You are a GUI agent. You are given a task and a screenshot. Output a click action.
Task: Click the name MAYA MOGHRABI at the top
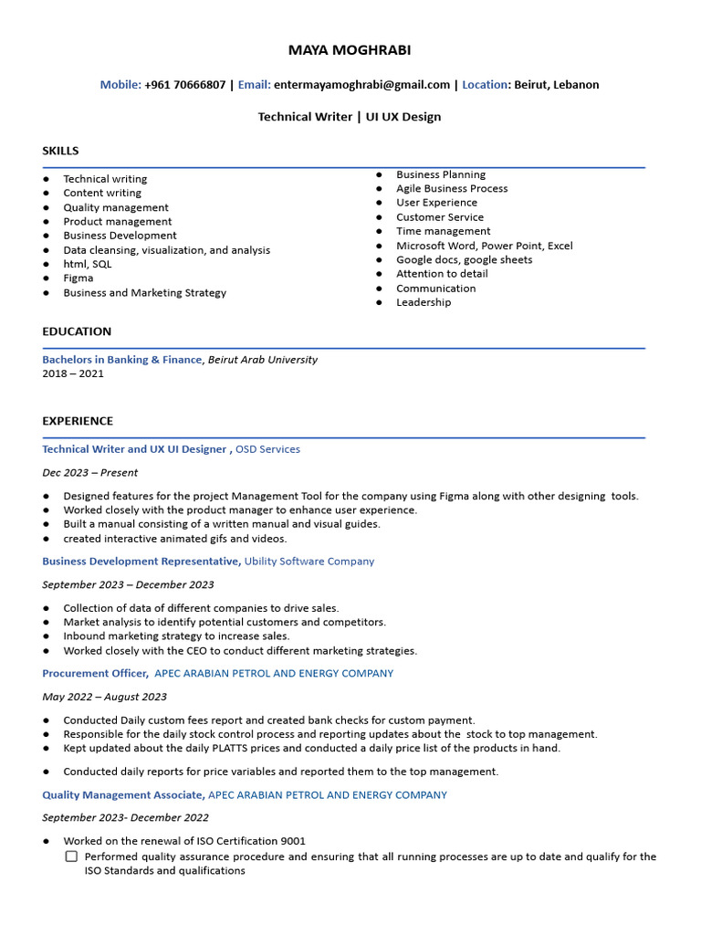tap(350, 50)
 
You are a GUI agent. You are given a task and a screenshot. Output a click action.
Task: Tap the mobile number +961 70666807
tap(184, 85)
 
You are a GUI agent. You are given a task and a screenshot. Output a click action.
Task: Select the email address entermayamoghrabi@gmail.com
tap(361, 85)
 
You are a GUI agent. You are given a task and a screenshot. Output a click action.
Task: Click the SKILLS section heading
tap(60, 151)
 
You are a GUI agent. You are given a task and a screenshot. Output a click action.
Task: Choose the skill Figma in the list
tap(78, 278)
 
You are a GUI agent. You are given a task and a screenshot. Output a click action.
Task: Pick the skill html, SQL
tap(88, 264)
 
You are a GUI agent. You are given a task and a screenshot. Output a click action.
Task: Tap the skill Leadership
tap(424, 302)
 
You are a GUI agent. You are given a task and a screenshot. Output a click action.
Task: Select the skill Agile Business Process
tap(452, 189)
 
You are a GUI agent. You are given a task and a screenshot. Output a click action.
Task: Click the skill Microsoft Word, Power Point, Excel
tap(484, 246)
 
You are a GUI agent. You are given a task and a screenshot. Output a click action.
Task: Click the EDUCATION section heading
tap(77, 331)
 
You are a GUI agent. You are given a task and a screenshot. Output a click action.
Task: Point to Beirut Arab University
tap(263, 360)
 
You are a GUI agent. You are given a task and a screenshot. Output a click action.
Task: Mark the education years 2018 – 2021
tap(73, 373)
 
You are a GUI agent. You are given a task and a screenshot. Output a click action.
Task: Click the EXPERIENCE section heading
tap(78, 421)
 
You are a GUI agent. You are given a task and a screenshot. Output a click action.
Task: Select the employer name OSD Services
tap(267, 449)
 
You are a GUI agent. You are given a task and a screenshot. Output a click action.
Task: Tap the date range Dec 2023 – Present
tap(90, 473)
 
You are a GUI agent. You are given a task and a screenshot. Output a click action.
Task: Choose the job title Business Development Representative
tap(141, 562)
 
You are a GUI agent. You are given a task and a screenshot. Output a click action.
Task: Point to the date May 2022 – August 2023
tap(104, 697)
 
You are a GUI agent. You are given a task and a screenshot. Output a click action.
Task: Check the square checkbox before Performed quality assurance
tap(71, 857)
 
